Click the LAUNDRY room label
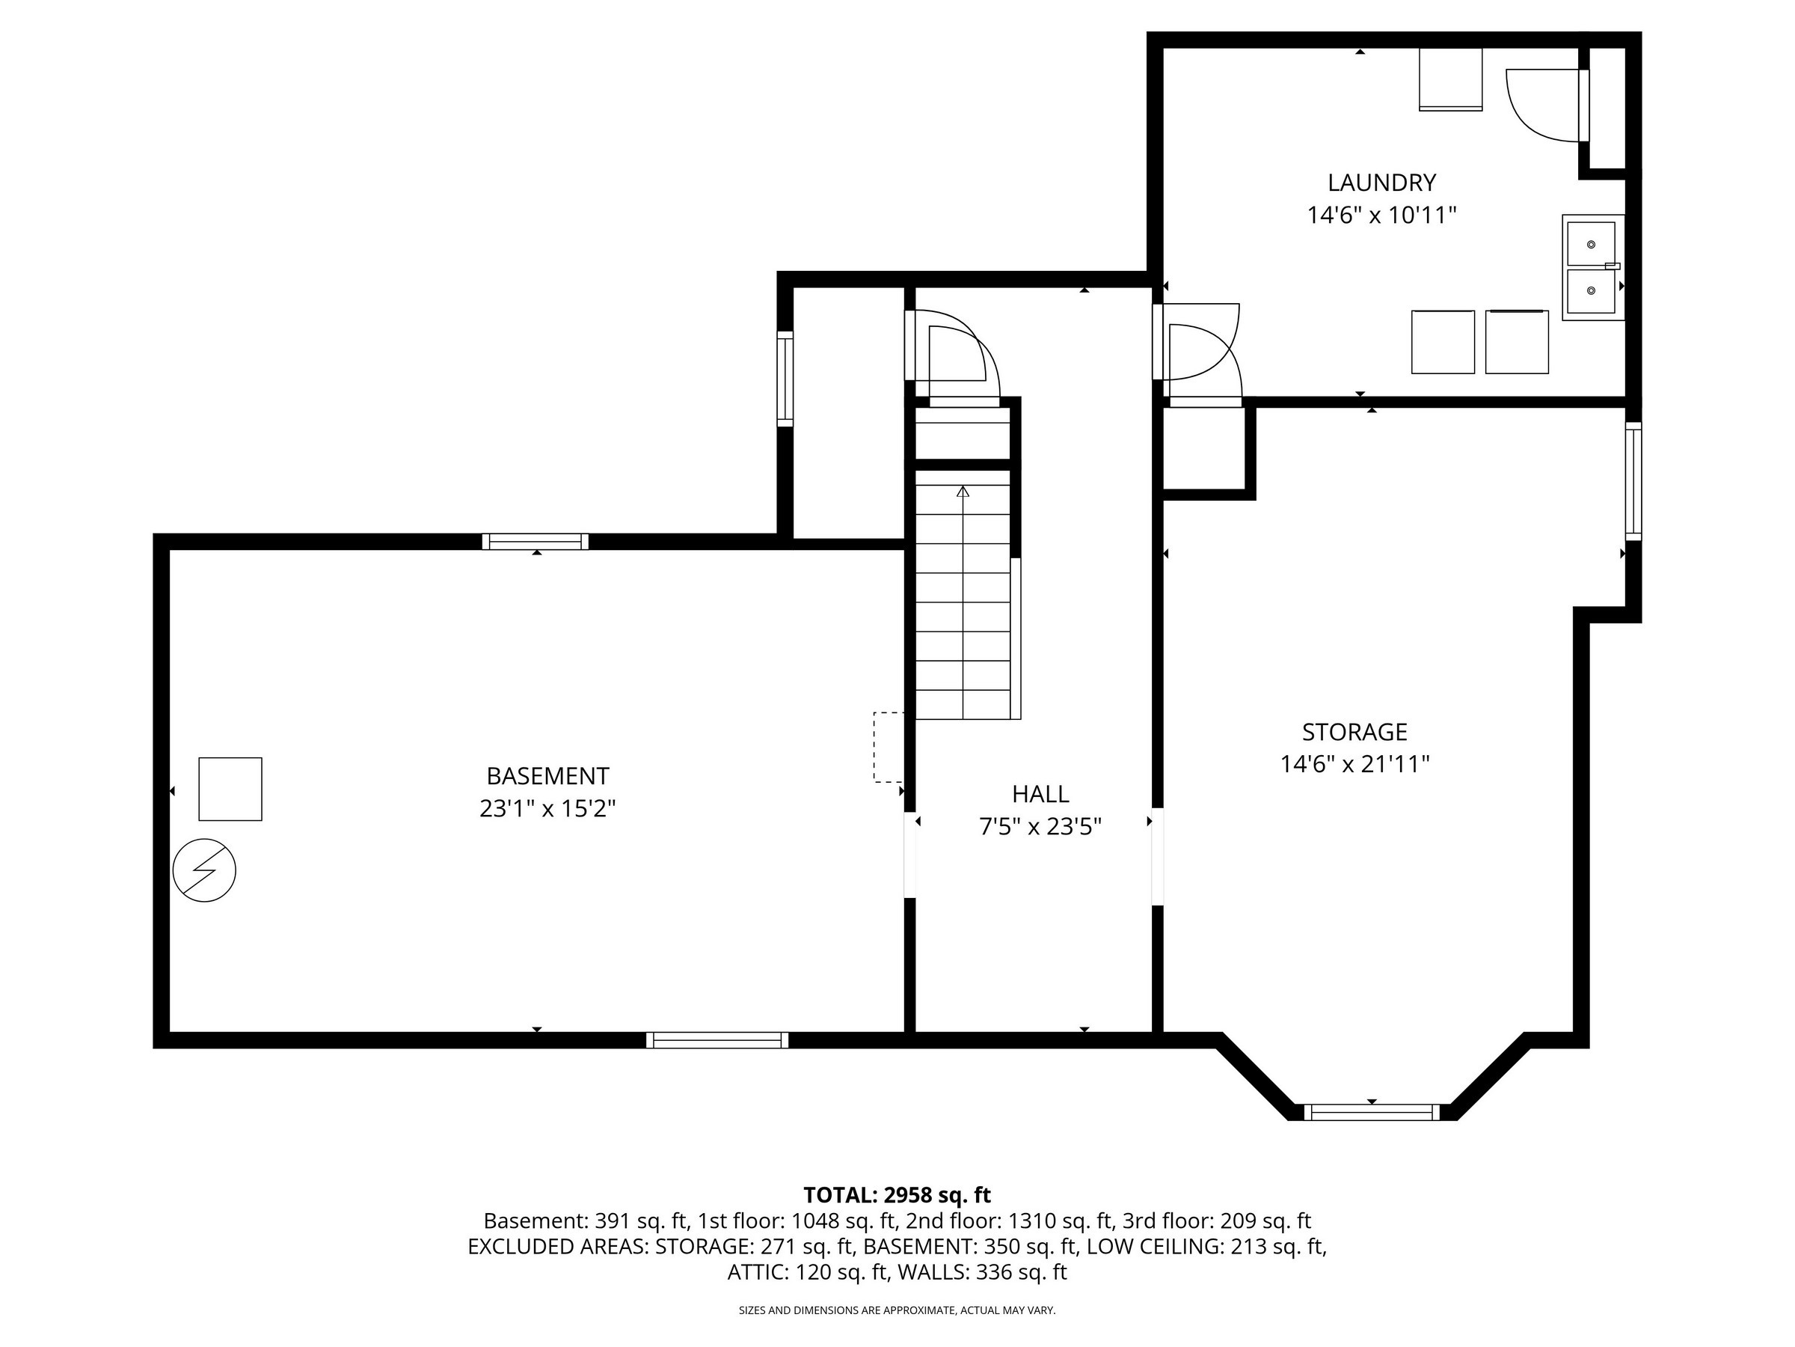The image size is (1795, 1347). pyautogui.click(x=1381, y=182)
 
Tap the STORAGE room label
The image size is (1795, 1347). pyautogui.click(x=1354, y=732)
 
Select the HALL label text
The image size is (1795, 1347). pyautogui.click(x=1040, y=793)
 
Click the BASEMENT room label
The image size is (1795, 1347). pyautogui.click(x=547, y=776)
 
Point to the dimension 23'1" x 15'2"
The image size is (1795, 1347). pyautogui.click(x=547, y=809)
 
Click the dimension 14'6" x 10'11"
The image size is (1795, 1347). pyautogui.click(x=1381, y=216)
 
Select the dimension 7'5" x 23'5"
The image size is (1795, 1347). pyautogui.click(x=1040, y=827)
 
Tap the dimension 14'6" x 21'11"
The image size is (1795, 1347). pyautogui.click(x=1354, y=764)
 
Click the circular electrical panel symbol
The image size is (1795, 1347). pyautogui.click(x=204, y=870)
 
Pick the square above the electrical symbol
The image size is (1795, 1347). pyautogui.click(x=230, y=789)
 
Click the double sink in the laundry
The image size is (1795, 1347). pyautogui.click(x=1593, y=267)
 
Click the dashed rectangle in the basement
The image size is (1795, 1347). pyautogui.click(x=888, y=747)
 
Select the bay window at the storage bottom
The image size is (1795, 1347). pyautogui.click(x=1372, y=1112)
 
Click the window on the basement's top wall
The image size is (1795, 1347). pyautogui.click(x=536, y=542)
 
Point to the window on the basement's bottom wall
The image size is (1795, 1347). pyautogui.click(x=717, y=1040)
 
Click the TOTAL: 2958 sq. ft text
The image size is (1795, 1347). pyautogui.click(x=897, y=1195)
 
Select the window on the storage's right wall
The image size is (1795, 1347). pyautogui.click(x=1633, y=481)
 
